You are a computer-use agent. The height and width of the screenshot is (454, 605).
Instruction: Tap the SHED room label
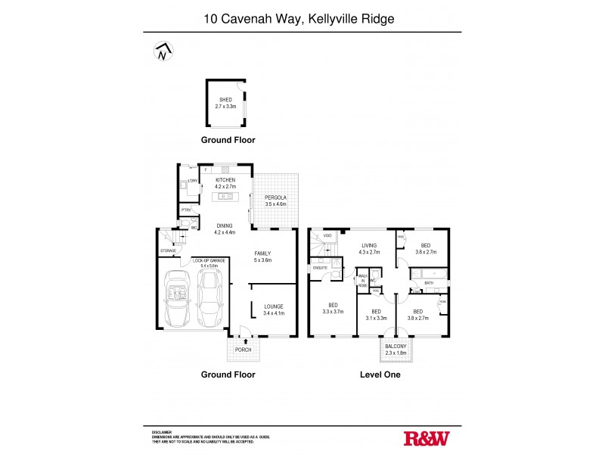click(225, 100)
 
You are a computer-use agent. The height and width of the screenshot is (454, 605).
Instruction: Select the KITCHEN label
click(226, 179)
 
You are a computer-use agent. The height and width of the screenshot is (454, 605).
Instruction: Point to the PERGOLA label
click(276, 197)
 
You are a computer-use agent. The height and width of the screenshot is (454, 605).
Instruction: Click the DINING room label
click(225, 225)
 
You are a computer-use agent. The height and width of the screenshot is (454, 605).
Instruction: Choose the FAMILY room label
click(262, 253)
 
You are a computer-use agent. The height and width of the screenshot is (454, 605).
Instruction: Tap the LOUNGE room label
click(273, 306)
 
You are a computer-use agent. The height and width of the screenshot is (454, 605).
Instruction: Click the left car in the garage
click(177, 299)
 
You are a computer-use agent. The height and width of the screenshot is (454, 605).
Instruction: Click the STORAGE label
click(168, 250)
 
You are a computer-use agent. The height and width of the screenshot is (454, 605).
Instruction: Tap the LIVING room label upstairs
click(369, 245)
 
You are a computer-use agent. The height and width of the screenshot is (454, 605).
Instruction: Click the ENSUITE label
click(319, 267)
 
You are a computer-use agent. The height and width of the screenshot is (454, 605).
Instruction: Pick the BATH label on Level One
click(428, 283)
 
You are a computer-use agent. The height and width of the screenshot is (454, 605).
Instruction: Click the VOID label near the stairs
click(328, 236)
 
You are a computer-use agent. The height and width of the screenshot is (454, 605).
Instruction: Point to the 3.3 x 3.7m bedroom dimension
click(333, 311)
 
